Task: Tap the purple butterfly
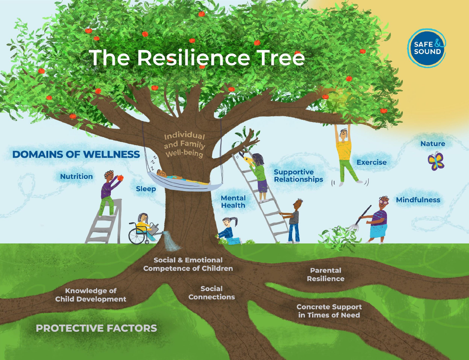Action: (436, 161)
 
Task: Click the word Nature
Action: (433, 144)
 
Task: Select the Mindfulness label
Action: (418, 200)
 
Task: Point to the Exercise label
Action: (371, 162)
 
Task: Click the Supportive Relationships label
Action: (298, 176)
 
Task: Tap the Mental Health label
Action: (233, 202)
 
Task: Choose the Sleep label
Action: (146, 189)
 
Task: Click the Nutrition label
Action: (77, 176)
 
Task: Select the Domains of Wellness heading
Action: (76, 155)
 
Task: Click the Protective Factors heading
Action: (96, 329)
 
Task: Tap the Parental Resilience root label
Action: (326, 275)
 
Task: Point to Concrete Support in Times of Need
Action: (329, 311)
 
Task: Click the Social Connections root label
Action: (212, 293)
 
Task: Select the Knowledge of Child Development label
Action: (91, 295)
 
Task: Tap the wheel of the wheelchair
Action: (136, 235)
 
